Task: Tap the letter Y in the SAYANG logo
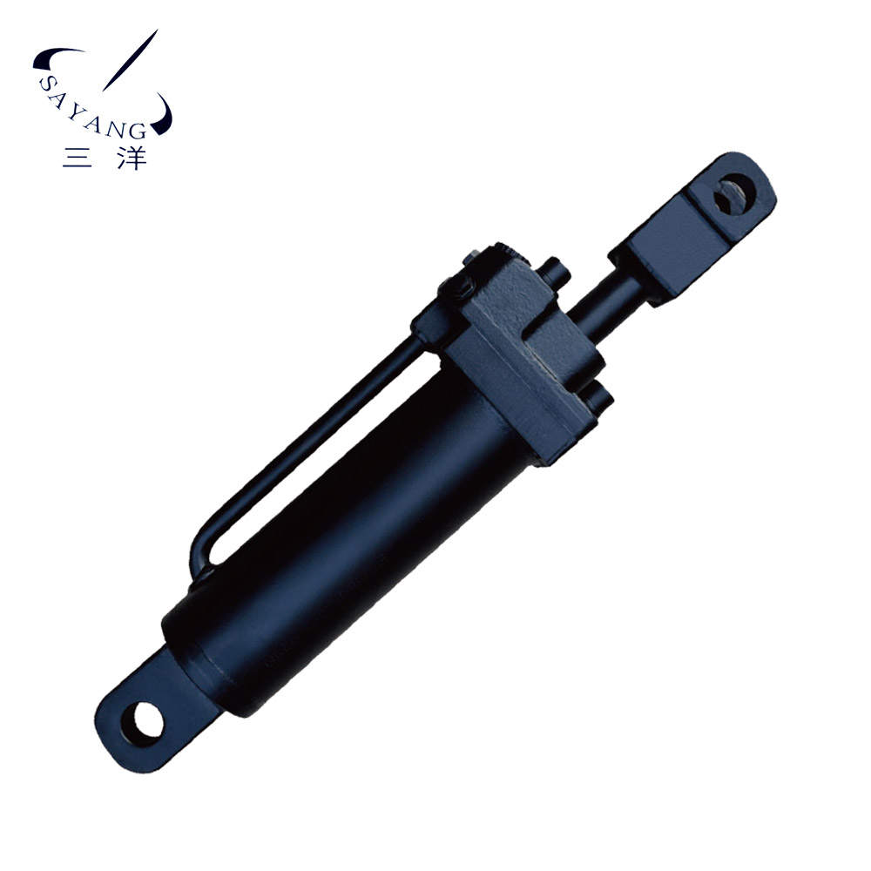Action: [76, 114]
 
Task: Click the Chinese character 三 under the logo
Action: [78, 157]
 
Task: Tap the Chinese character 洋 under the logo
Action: [132, 157]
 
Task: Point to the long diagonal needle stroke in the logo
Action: [131, 60]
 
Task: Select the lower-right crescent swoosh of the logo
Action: [164, 116]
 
